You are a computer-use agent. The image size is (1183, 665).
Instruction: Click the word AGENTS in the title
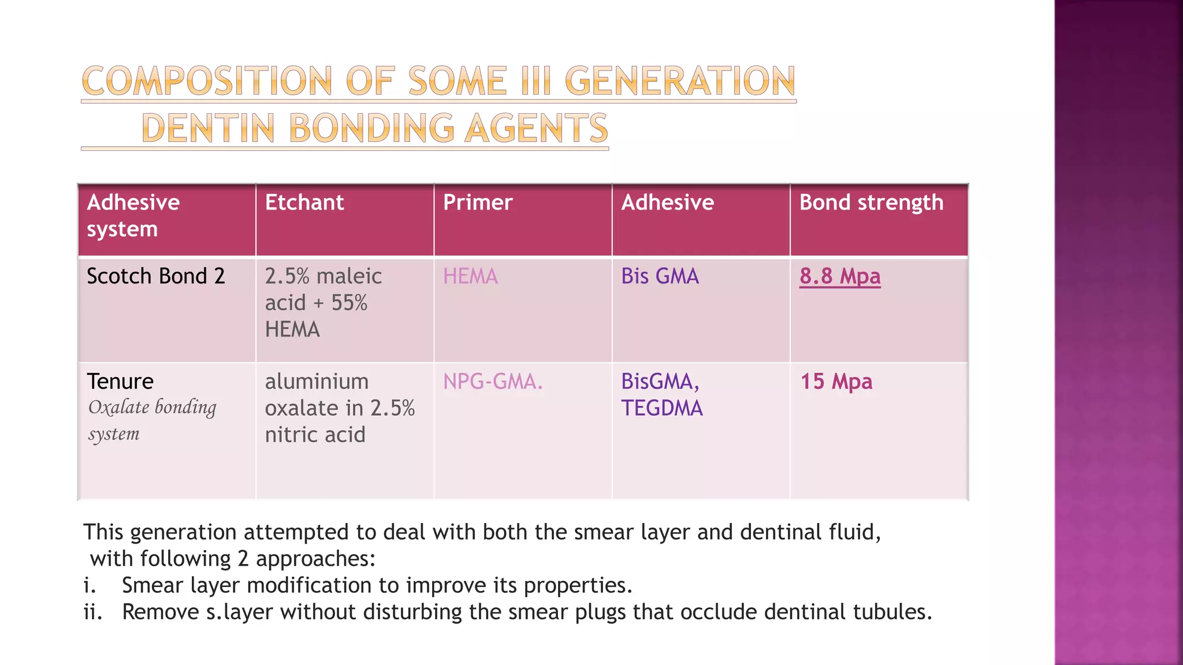tap(536, 128)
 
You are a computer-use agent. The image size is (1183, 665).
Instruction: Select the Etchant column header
tap(304, 203)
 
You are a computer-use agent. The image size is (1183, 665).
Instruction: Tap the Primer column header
tap(478, 203)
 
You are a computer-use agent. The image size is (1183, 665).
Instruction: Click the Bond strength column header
tap(871, 203)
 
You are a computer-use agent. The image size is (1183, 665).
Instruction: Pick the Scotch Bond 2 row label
tap(155, 277)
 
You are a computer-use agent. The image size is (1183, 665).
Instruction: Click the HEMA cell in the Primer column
tap(470, 277)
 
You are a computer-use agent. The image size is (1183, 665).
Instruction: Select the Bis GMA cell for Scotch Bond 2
tap(660, 277)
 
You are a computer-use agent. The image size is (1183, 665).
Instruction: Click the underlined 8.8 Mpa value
tap(840, 277)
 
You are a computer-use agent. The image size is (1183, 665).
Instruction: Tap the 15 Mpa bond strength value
tap(836, 382)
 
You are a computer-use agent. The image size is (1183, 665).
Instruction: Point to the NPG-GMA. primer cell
tap(493, 382)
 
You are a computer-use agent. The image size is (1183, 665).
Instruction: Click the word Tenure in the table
tap(120, 382)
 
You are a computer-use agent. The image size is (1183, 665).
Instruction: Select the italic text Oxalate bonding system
tap(151, 420)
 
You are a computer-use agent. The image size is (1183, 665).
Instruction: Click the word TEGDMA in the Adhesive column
tap(662, 408)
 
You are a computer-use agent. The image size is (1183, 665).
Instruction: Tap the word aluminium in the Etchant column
tap(317, 382)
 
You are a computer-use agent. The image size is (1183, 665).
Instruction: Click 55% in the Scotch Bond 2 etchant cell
tap(349, 303)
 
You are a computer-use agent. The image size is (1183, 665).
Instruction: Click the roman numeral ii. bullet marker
tap(92, 612)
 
